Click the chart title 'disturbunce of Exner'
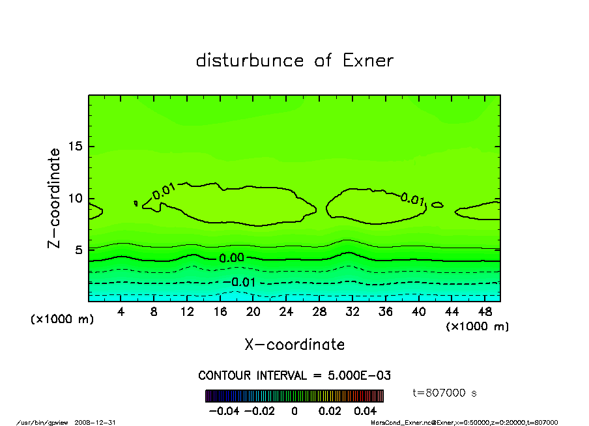click(294, 61)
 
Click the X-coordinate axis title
click(294, 345)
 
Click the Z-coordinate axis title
click(55, 198)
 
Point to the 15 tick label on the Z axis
click(76, 147)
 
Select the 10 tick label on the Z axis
click(76, 199)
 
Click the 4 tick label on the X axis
click(121, 312)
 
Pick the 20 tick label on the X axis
click(253, 312)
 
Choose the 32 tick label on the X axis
click(352, 312)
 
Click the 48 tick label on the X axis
click(485, 312)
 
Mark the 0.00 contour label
click(232, 258)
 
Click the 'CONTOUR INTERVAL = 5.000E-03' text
click(294, 376)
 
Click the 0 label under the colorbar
click(294, 411)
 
